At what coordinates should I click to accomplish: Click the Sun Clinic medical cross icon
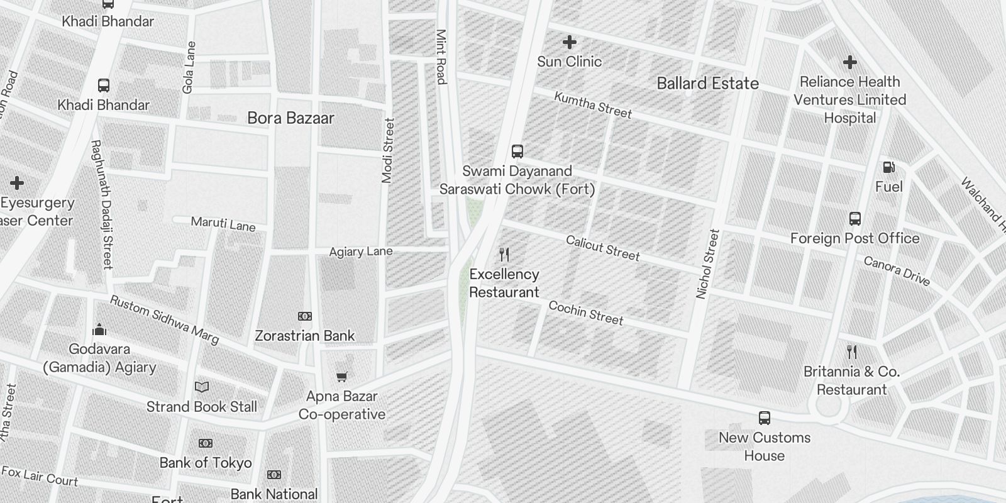click(x=570, y=43)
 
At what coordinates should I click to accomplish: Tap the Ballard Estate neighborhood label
click(x=707, y=83)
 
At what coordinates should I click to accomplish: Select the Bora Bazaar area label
click(x=290, y=118)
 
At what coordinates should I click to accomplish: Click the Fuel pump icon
click(x=889, y=167)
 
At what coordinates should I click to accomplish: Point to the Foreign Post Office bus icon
click(x=854, y=219)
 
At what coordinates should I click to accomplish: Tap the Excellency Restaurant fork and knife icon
click(x=504, y=255)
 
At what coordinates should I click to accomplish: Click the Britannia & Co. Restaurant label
click(x=852, y=380)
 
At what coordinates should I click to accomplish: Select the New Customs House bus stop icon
click(x=765, y=418)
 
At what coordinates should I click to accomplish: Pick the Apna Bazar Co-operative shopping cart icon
click(x=341, y=377)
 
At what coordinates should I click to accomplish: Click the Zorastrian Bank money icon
click(x=305, y=316)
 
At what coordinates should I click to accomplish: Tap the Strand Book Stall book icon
click(x=202, y=387)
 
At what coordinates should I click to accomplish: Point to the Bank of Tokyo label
click(x=206, y=463)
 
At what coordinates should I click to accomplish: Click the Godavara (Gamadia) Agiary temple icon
click(x=99, y=330)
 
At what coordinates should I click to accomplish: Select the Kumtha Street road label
click(x=592, y=105)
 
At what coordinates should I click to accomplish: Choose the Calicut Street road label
click(x=602, y=248)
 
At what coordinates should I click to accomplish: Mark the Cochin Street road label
click(x=585, y=312)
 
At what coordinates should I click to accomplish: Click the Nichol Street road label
click(x=707, y=264)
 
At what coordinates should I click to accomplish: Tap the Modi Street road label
click(x=388, y=151)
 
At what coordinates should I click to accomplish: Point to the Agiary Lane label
click(x=361, y=251)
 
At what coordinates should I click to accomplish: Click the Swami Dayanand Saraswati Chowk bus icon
click(x=517, y=152)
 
